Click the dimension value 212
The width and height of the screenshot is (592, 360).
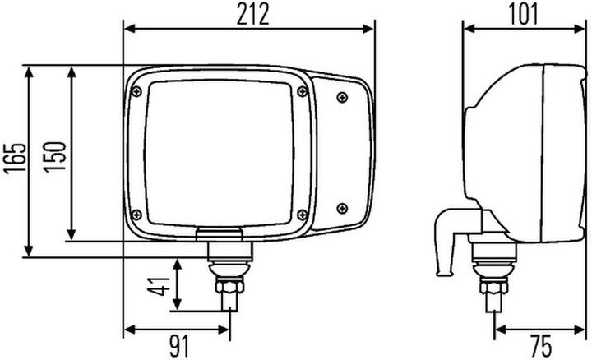tap(247, 14)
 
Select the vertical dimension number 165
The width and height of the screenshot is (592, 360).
tap(14, 160)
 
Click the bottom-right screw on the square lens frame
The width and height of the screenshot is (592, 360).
tap(302, 215)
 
